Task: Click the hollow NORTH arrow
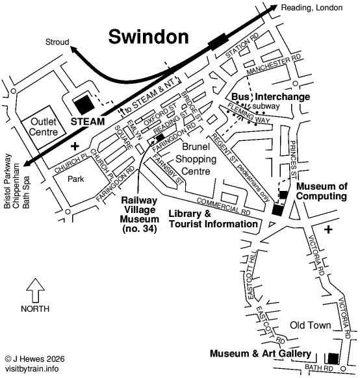pos(34,287)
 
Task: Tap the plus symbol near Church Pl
pos(75,145)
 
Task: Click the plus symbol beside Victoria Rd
pos(329,229)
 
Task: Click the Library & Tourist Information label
pos(212,219)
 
